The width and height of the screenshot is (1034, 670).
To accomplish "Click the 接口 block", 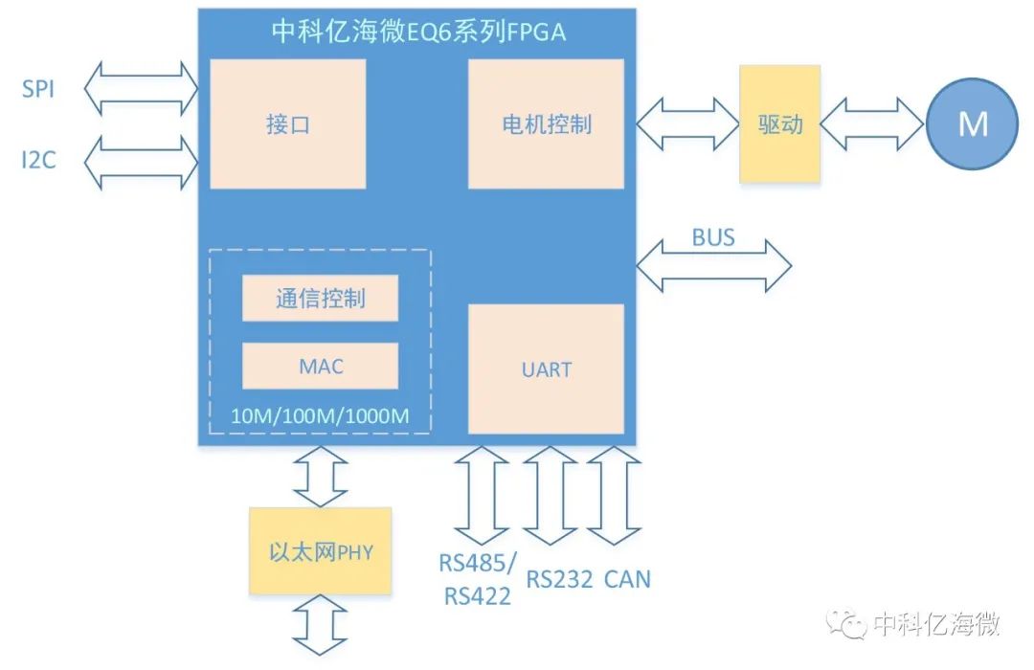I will (x=287, y=124).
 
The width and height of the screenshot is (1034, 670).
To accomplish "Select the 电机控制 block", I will (x=546, y=124).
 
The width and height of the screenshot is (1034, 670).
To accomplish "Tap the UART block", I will (x=546, y=369).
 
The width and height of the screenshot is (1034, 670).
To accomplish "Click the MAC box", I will (x=320, y=367).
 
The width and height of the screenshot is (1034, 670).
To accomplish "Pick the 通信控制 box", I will (x=320, y=299).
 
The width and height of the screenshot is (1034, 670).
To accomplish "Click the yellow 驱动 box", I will (x=779, y=124).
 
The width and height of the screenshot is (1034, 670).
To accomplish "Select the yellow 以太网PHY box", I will (x=320, y=552).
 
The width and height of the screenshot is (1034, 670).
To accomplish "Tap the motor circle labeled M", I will (x=972, y=124).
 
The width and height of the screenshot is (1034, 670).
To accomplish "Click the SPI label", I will (x=38, y=90).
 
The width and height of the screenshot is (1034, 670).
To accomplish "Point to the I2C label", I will (x=38, y=159).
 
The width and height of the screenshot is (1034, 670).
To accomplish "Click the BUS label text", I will (x=713, y=237).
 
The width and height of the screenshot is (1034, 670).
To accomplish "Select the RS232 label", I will (x=559, y=579).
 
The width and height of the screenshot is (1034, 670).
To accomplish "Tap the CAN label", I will (x=627, y=579).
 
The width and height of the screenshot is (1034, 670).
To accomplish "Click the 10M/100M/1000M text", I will (x=320, y=416).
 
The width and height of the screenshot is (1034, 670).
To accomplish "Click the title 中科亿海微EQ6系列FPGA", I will (x=417, y=33).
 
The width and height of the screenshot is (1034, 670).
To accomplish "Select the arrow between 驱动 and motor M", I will (x=871, y=124).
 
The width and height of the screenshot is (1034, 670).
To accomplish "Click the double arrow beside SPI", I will (x=141, y=89).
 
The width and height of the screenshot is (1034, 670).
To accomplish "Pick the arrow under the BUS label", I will (x=714, y=265).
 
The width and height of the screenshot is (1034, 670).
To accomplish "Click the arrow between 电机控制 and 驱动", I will (x=686, y=124).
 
